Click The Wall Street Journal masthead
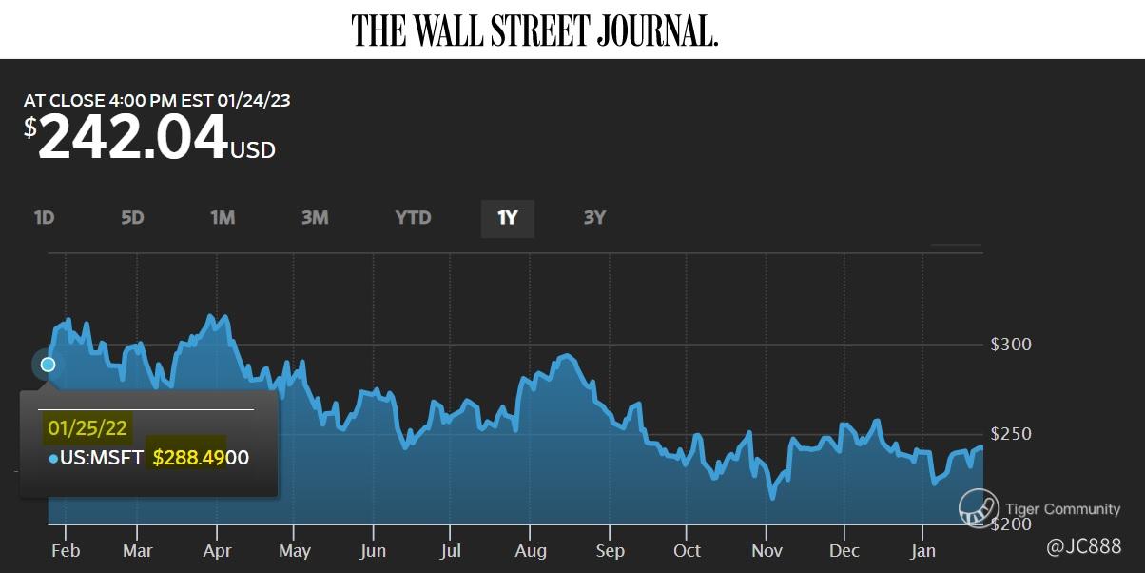pyautogui.click(x=534, y=30)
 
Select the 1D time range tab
pyautogui.click(x=44, y=218)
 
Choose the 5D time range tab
pyautogui.click(x=132, y=218)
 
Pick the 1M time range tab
pyautogui.click(x=222, y=218)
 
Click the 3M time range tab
pyautogui.click(x=315, y=218)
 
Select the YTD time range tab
pyautogui.click(x=413, y=218)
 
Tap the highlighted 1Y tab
pyautogui.click(x=507, y=218)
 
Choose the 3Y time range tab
pyautogui.click(x=594, y=218)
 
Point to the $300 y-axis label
pyautogui.click(x=1011, y=344)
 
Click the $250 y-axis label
pyautogui.click(x=1011, y=434)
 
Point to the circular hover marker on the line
pyautogui.click(x=48, y=365)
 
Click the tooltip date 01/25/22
pyautogui.click(x=87, y=427)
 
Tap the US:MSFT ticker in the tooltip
pyautogui.click(x=101, y=459)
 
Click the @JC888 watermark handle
pyautogui.click(x=1083, y=547)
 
